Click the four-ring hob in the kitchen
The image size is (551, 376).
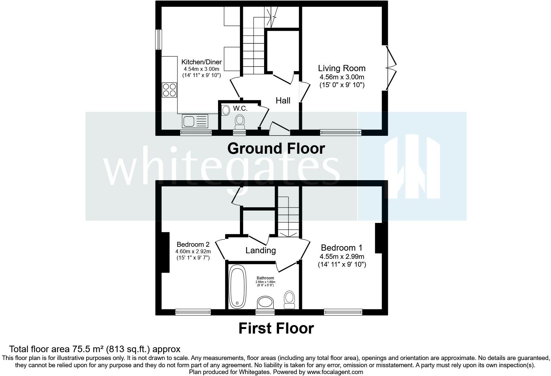tap(169, 90)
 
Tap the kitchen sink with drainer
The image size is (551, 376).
tap(195, 121)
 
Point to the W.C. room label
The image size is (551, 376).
tap(240, 108)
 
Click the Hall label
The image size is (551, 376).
tap(283, 100)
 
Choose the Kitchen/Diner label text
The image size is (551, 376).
tap(201, 62)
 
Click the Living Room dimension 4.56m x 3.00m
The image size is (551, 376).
tap(342, 77)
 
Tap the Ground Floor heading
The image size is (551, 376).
tap(276, 149)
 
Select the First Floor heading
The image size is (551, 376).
tap(276, 328)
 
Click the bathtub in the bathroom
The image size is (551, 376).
tap(237, 287)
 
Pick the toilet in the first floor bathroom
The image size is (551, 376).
tap(289, 300)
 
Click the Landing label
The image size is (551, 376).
tap(260, 250)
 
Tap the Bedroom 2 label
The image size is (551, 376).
tap(193, 244)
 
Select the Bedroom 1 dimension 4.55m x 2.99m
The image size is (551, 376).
tap(342, 257)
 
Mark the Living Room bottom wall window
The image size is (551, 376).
tap(341, 133)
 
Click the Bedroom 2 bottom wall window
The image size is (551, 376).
tap(193, 312)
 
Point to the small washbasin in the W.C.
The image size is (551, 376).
tap(225, 110)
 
